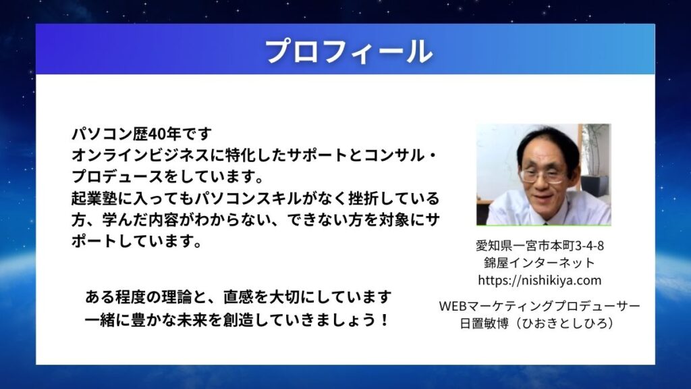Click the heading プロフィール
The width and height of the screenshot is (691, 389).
pyautogui.click(x=349, y=51)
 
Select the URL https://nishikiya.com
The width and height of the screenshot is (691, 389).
pyautogui.click(x=539, y=280)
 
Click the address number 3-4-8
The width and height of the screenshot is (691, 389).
pyautogui.click(x=590, y=245)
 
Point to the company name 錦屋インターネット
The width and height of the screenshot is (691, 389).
pyautogui.click(x=539, y=263)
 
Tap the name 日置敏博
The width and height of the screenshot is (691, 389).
pyautogui.click(x=484, y=323)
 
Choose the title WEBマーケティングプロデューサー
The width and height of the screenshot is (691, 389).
pyautogui.click(x=539, y=306)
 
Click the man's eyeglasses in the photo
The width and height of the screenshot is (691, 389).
pyautogui.click(x=543, y=176)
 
